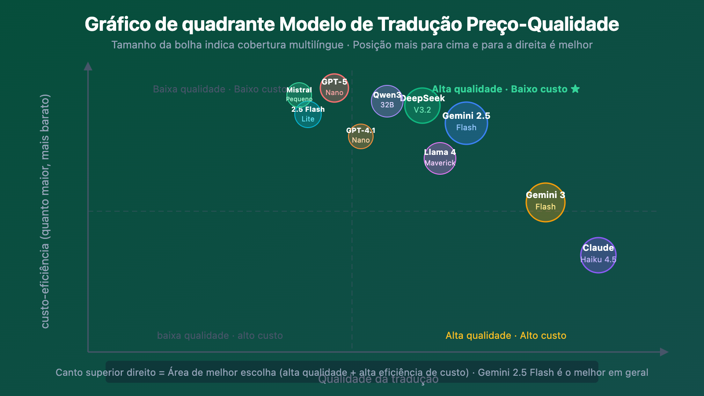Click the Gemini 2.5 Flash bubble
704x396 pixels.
466,123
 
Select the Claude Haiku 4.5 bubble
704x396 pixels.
598,255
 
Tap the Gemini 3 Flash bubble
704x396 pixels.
546,202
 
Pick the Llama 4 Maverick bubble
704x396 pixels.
440,158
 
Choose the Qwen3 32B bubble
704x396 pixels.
387,101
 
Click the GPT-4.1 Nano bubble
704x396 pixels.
361,136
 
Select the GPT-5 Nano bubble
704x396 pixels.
334,88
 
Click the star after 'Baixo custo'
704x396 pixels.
575,89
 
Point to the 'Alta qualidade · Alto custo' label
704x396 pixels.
506,336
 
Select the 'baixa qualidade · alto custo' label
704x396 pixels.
220,336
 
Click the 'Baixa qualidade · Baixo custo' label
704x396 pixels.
219,89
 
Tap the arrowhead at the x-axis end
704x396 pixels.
664,352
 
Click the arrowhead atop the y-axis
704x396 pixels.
88,66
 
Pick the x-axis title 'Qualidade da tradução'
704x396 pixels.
378,380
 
